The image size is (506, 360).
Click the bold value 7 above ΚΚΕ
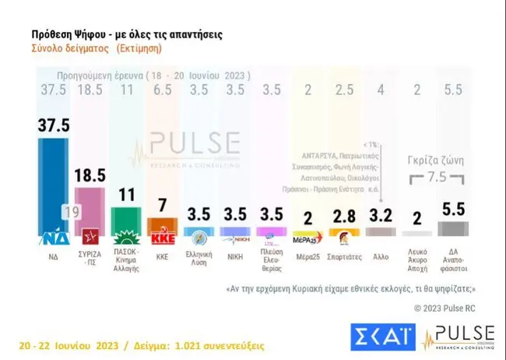click(x=163, y=206)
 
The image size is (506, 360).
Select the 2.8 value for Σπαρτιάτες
click(x=342, y=216)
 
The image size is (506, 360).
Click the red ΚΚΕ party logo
click(x=163, y=237)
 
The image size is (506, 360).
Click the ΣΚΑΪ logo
click(x=381, y=335)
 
